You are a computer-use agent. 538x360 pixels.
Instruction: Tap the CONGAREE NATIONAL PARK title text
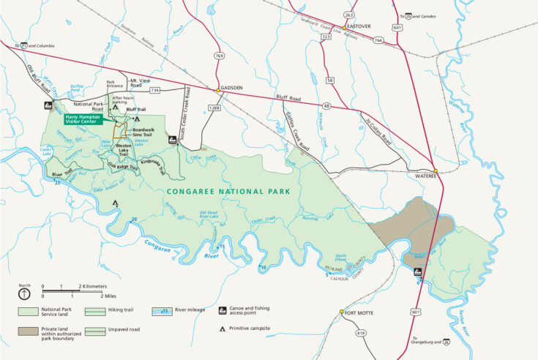click(x=228, y=192)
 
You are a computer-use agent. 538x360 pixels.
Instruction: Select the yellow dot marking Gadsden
click(x=218, y=90)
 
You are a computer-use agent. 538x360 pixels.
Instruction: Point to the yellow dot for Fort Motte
click(x=341, y=312)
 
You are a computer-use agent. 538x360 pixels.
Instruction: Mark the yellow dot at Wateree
click(x=435, y=171)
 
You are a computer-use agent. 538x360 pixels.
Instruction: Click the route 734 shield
click(x=154, y=90)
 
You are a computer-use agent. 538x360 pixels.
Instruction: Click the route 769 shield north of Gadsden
click(x=219, y=56)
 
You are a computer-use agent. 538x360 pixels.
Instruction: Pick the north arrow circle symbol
click(x=24, y=294)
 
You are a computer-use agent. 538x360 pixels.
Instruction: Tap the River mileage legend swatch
click(x=161, y=310)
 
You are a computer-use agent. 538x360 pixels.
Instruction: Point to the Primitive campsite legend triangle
click(x=223, y=329)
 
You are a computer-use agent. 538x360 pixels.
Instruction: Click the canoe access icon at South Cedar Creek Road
click(x=172, y=139)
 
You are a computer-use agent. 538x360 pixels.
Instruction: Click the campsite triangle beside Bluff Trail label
click(x=136, y=118)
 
